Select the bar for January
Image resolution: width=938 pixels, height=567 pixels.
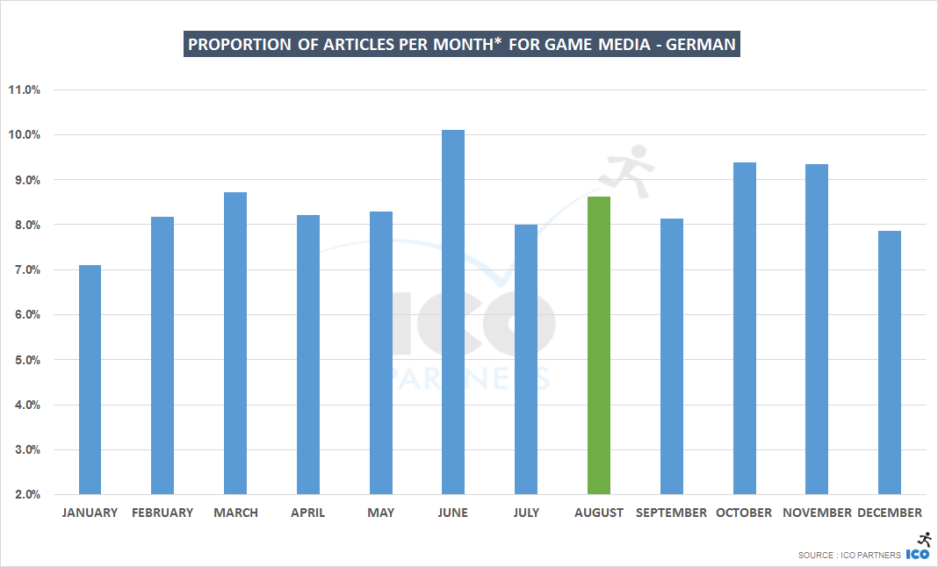pyautogui.click(x=90, y=379)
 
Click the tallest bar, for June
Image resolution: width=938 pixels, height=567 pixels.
pyautogui.click(x=453, y=312)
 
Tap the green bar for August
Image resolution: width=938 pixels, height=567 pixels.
pyautogui.click(x=599, y=345)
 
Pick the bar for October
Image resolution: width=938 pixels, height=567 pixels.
pyautogui.click(x=745, y=328)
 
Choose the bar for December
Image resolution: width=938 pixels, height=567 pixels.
pyautogui.click(x=890, y=362)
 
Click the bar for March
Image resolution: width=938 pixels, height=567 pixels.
pyautogui.click(x=235, y=343)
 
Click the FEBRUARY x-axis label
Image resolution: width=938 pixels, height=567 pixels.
pyautogui.click(x=162, y=513)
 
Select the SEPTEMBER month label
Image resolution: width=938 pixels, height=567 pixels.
pyautogui.click(x=671, y=513)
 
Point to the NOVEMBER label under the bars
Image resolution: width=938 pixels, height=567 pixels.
pyautogui.click(x=817, y=513)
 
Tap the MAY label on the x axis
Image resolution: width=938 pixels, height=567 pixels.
pyautogui.click(x=381, y=513)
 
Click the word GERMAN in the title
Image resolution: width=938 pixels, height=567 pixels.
pyautogui.click(x=701, y=45)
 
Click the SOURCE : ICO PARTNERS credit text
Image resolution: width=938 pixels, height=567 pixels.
pyautogui.click(x=849, y=556)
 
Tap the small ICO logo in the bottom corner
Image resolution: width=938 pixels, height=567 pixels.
pyautogui.click(x=918, y=554)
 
